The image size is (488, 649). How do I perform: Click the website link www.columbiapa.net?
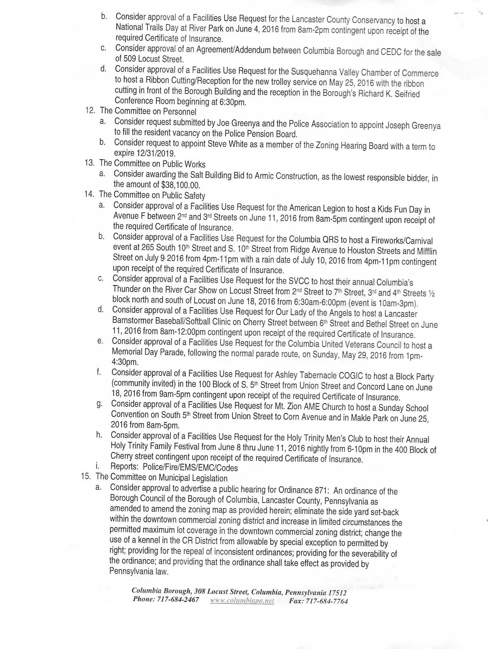(242, 600)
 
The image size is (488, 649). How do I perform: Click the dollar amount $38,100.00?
(181, 185)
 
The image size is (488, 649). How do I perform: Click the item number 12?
(90, 110)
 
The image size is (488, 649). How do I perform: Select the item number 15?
(86, 476)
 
